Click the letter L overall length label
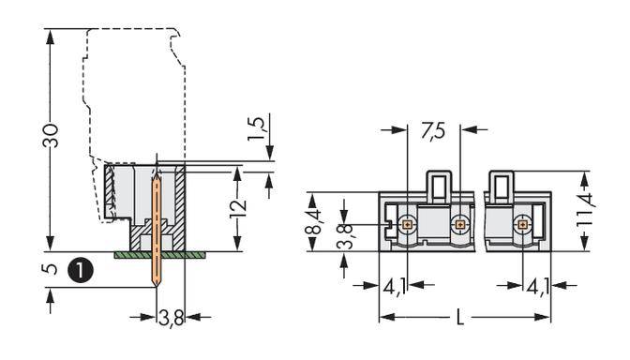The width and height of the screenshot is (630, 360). [x=458, y=318]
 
